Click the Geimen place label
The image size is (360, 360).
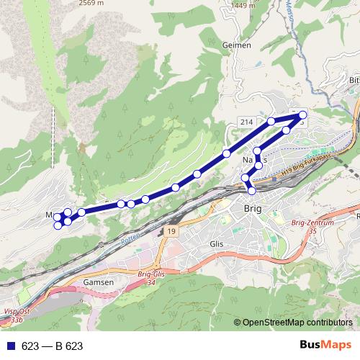237,45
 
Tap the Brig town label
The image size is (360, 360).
253,208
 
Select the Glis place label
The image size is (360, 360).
216,244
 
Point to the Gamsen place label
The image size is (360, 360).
99,283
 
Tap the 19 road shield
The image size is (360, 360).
169,230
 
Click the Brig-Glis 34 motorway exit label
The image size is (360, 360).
146,279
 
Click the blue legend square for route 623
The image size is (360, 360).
11,346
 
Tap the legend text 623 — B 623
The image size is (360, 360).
52,346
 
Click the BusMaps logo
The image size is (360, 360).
325,346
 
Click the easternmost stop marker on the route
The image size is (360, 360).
302,115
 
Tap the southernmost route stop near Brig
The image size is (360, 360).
252,190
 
